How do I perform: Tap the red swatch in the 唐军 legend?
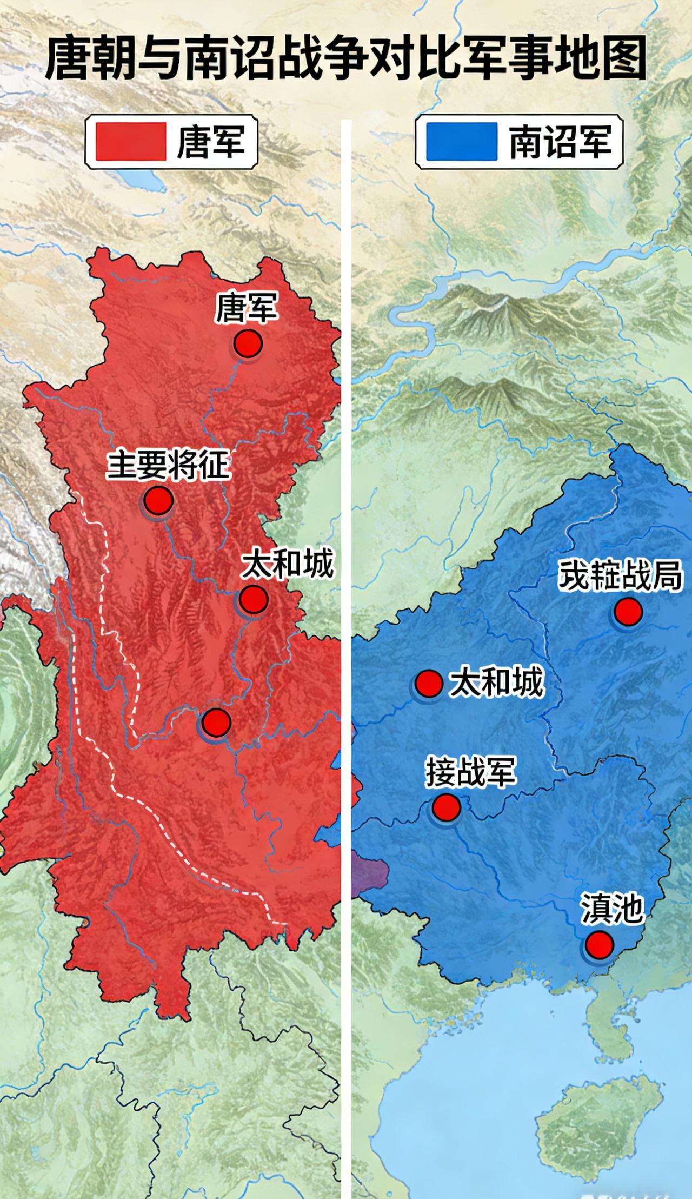130,142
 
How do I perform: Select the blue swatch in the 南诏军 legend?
461,142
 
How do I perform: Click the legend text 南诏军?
560,142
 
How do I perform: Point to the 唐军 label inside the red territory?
246,308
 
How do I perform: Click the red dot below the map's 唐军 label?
248,344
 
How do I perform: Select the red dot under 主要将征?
158,500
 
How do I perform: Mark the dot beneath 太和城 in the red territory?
253,599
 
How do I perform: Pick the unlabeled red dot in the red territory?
216,721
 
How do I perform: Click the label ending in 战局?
620,577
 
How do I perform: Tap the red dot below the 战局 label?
628,612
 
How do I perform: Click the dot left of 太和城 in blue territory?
429,684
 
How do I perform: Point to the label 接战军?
471,771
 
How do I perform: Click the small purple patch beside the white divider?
370,871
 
